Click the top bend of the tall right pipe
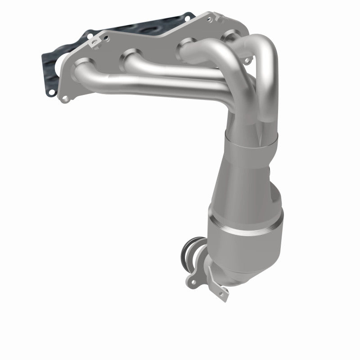coord(265,45)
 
